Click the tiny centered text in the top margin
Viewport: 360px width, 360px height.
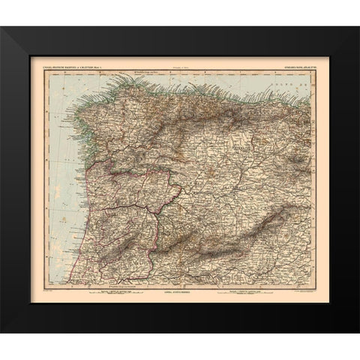point(180,69)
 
